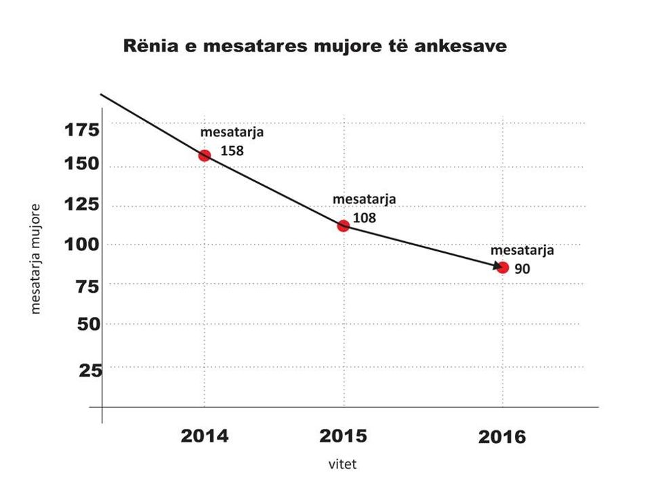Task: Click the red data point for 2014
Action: coord(204,155)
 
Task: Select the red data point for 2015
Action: coord(343,226)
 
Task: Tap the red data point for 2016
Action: coord(503,268)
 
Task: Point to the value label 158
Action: coord(232,150)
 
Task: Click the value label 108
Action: coord(365,218)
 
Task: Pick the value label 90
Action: coord(522,268)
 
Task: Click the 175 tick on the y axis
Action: coord(82,129)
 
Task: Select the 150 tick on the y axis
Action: coord(82,164)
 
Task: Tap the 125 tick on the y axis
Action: coord(82,204)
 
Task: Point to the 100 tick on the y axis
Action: coord(82,244)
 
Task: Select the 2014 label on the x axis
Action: coord(204,436)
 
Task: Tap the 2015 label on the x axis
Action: coord(344,436)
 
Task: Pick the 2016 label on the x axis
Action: coord(502,437)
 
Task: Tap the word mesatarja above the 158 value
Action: coord(232,133)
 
